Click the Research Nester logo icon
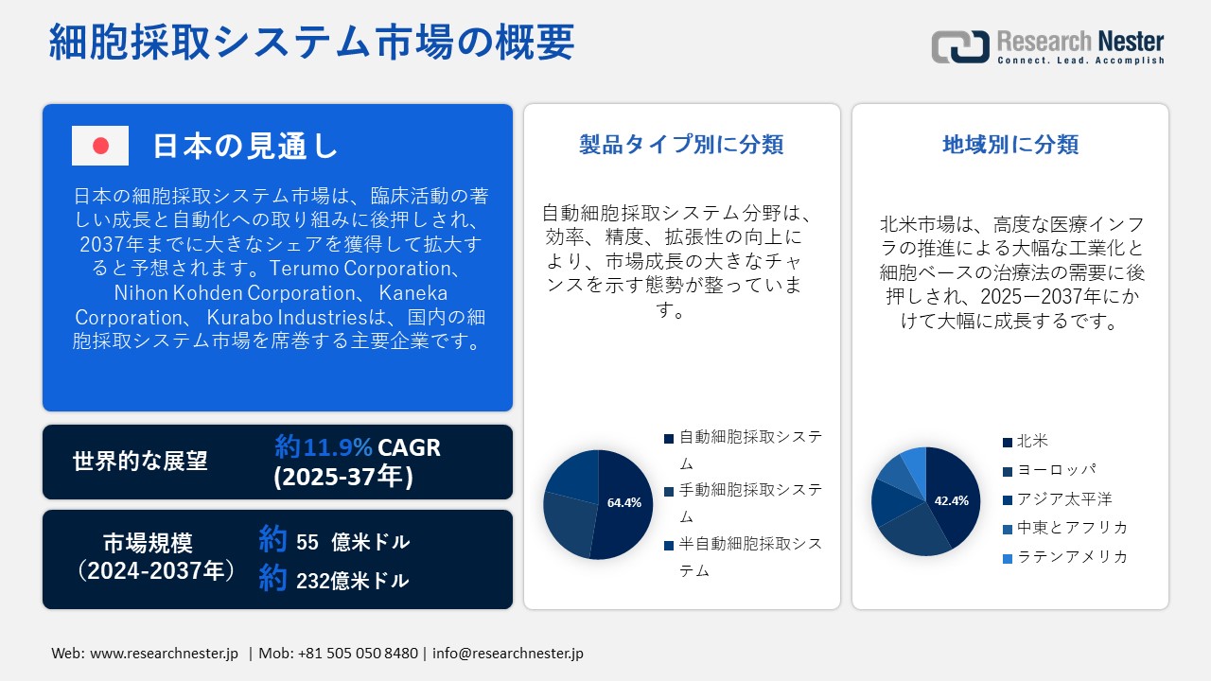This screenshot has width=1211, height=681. point(960,46)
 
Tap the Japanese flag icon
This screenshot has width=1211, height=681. point(100,146)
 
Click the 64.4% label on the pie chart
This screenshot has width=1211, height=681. point(623,502)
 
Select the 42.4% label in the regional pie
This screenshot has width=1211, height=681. point(952,500)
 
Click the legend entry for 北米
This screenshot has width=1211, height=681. point(1025,441)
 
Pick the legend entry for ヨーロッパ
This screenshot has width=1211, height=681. point(1049,470)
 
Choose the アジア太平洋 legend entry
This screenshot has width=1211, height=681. point(1058,498)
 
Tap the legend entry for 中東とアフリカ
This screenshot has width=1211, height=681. point(1065,528)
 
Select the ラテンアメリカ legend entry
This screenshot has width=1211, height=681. point(1065,557)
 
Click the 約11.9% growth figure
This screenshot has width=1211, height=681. point(324,447)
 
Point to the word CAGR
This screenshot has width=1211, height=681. point(410,448)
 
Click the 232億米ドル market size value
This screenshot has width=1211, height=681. point(353,581)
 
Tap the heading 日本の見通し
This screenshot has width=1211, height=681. point(245,146)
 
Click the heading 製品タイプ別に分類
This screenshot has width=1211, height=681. point(681,145)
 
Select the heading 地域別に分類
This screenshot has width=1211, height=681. point(1010,145)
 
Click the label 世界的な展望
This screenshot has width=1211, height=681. point(140,461)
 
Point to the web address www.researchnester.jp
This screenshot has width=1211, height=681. point(164,654)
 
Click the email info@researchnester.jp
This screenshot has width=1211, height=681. point(508,654)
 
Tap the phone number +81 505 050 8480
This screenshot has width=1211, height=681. point(358,654)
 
